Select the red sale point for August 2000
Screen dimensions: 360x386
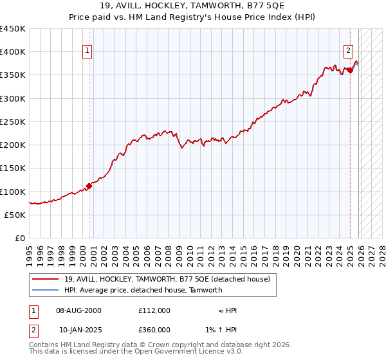pos(89,186)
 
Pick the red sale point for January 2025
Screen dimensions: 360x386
pos(350,70)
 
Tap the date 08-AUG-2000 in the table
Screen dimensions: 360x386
pos(78,310)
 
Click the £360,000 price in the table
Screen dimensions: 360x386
pos(154,330)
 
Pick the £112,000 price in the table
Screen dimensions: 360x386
pos(154,310)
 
